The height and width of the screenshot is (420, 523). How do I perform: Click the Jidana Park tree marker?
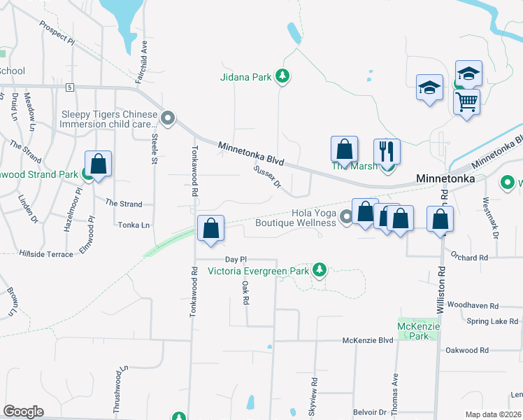282,76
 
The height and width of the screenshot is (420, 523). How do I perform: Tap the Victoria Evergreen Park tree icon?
320,269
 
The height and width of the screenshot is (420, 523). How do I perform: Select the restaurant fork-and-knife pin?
387,151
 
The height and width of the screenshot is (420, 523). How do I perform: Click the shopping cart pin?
466,101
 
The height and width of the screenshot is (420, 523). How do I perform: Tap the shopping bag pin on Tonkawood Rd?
210,229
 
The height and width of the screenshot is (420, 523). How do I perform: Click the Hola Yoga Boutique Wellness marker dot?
346,220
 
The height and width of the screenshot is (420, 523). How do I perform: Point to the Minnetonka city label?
445,179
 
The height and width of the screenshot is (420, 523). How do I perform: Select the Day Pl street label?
236,259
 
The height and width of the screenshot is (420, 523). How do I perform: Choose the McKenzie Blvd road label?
368,341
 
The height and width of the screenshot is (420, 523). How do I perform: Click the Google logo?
23,412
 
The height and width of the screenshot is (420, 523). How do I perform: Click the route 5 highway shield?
70,87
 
